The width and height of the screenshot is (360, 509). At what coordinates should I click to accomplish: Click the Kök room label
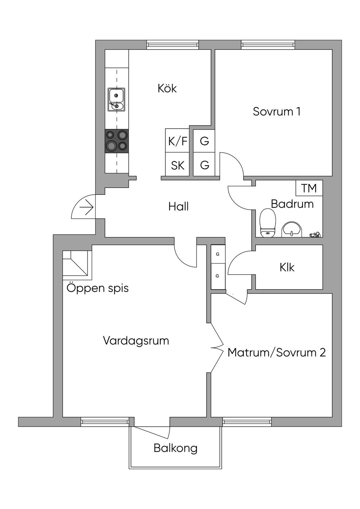coord(167,88)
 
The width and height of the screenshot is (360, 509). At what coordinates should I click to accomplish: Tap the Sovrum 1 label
coord(277,111)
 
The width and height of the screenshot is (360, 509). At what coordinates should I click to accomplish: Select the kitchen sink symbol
coord(116,100)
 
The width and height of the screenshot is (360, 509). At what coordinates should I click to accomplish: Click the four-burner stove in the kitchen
coord(117,141)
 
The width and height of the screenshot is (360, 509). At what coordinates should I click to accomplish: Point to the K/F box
coord(177,141)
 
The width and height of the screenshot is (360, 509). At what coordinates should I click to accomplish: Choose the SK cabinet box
coord(177,164)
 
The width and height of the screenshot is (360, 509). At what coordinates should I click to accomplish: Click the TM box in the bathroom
coord(309,188)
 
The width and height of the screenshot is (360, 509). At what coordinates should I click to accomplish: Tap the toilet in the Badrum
coord(268,223)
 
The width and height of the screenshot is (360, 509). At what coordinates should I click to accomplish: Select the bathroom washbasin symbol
coord(292,230)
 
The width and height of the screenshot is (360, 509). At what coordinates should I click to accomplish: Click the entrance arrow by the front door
coord(86,207)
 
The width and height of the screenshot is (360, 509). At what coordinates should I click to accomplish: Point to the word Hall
coord(178,207)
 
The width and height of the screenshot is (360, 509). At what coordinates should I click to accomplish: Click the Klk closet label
coord(287,267)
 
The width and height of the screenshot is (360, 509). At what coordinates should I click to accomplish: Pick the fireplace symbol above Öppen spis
coord(77,265)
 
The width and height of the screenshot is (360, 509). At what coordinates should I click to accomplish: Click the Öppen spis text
coord(97,289)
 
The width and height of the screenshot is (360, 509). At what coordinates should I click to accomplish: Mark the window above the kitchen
coord(173,45)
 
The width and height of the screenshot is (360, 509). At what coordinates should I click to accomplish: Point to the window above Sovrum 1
coord(268,45)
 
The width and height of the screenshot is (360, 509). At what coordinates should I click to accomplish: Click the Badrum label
coord(292,204)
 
